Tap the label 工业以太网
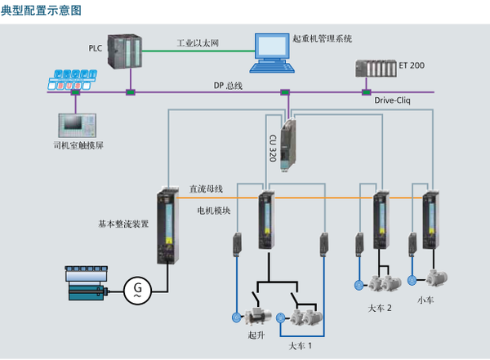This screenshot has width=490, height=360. [198, 42]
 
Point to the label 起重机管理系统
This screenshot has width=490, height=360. [322, 38]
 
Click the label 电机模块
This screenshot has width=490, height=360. [214, 210]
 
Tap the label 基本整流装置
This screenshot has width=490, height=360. [123, 222]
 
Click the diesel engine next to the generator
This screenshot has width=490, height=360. [83, 284]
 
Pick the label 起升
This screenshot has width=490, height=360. [256, 336]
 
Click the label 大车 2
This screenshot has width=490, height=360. [381, 309]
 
